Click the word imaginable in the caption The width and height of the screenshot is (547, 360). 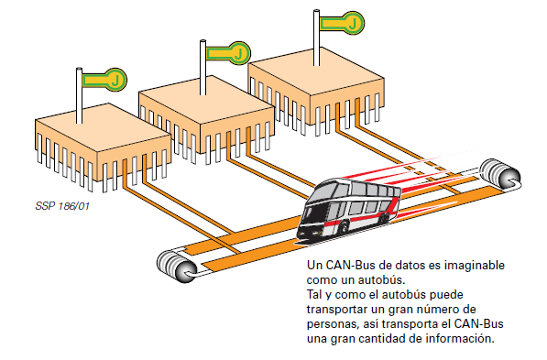[474, 264]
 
